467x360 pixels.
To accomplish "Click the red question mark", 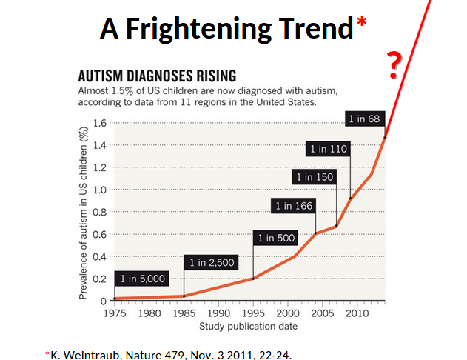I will (395, 66).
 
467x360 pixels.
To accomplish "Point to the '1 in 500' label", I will (275, 238).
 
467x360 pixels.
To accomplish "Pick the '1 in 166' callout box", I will (293, 206).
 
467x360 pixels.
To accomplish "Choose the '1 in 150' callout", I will (314, 177).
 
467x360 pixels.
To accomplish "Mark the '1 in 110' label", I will (328, 149).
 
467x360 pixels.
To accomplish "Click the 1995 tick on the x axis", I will (253, 313).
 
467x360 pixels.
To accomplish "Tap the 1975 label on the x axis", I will (115, 313).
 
